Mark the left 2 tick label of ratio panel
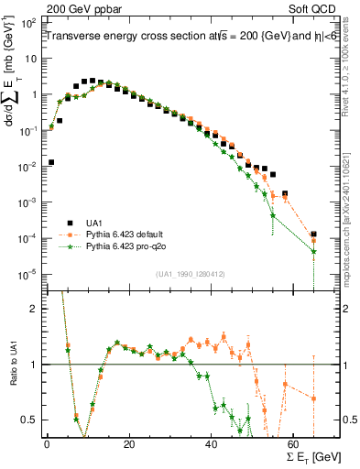tap(32, 310)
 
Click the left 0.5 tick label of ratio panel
tap(28, 420)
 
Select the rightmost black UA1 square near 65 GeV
tap(313, 234)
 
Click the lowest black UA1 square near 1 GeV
tap(50, 162)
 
